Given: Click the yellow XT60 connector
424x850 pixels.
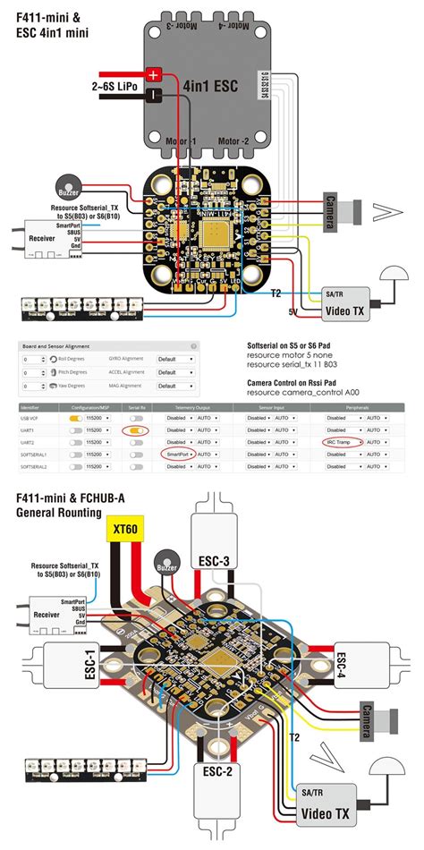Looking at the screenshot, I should pos(126,530).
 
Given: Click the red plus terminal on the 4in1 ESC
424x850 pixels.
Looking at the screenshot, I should pos(154,76).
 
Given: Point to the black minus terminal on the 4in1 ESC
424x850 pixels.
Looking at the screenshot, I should pos(154,94).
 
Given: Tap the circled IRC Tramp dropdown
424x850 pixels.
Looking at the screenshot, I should pos(343,442).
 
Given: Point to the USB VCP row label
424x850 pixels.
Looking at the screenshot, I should pos(30,418).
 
